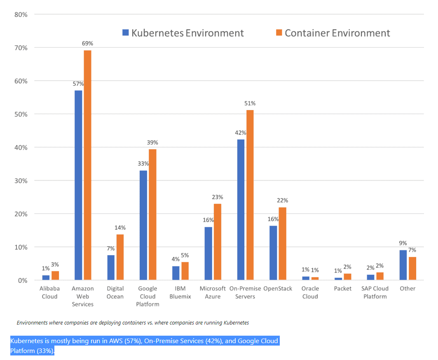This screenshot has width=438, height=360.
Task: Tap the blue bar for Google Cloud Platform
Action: click(x=143, y=225)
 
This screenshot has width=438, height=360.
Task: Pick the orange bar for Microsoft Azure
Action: click(x=217, y=242)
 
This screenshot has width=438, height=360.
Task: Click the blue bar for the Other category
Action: click(x=403, y=265)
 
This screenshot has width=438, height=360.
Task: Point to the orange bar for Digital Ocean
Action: click(x=120, y=257)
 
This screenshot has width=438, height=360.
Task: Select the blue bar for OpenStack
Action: click(x=273, y=253)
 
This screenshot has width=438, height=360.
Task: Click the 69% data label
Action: click(x=88, y=43)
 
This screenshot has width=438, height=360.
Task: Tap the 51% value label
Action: click(x=250, y=103)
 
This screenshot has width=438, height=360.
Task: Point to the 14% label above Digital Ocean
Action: click(x=120, y=228)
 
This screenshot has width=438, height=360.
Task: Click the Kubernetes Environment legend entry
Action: click(x=183, y=33)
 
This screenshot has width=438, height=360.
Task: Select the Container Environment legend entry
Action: click(x=333, y=33)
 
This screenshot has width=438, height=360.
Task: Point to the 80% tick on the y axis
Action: click(x=21, y=14)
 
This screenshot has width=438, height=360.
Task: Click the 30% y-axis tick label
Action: click(x=21, y=181)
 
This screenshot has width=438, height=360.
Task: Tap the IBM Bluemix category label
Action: click(x=180, y=292)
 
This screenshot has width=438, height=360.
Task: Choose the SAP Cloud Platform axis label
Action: click(x=375, y=292)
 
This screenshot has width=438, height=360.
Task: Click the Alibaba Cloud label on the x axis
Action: click(x=49, y=292)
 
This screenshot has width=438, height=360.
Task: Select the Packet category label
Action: click(x=343, y=289)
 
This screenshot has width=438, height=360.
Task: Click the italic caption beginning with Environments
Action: click(x=133, y=322)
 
